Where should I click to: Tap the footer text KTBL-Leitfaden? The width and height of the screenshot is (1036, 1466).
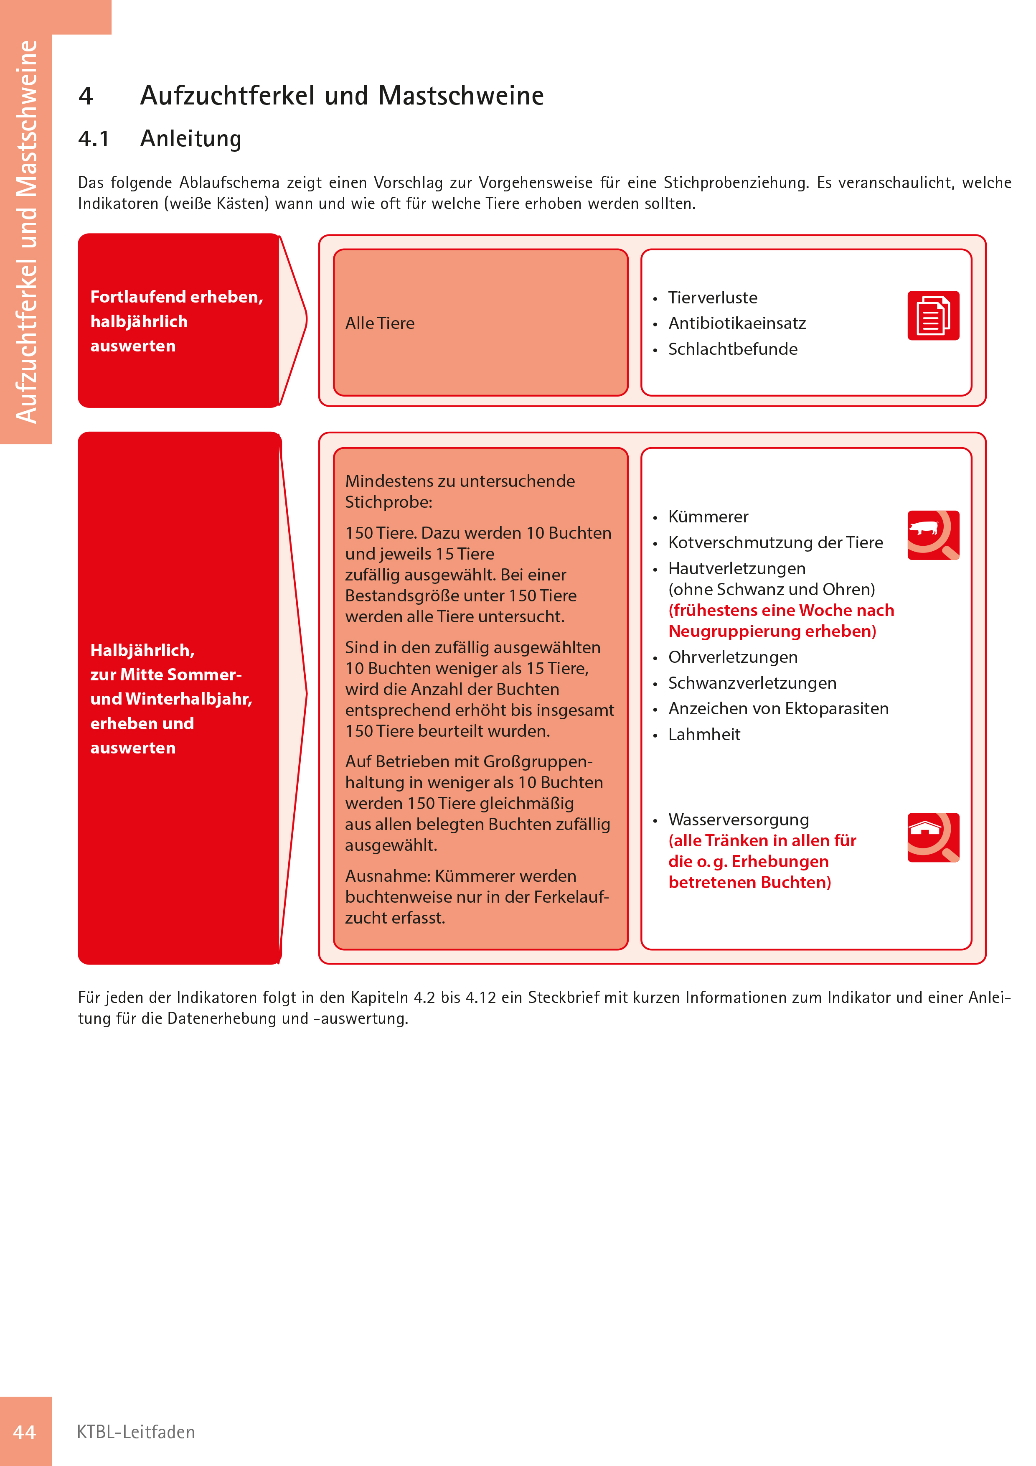[x=135, y=1432]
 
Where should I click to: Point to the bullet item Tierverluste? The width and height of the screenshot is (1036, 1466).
[x=712, y=298]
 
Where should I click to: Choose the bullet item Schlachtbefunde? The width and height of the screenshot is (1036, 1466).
[x=732, y=349]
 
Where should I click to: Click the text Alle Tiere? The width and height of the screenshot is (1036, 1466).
[x=380, y=323]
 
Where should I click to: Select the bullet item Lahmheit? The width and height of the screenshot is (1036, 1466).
[x=704, y=734]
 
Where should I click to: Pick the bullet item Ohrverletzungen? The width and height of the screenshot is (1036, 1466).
[x=732, y=657]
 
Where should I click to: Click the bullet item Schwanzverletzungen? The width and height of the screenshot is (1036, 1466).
[x=752, y=683]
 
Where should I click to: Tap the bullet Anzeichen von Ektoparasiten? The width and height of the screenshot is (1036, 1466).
[x=778, y=709]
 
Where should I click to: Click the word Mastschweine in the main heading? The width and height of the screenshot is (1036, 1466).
[x=460, y=96]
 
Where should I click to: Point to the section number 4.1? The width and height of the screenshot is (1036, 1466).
[x=94, y=139]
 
